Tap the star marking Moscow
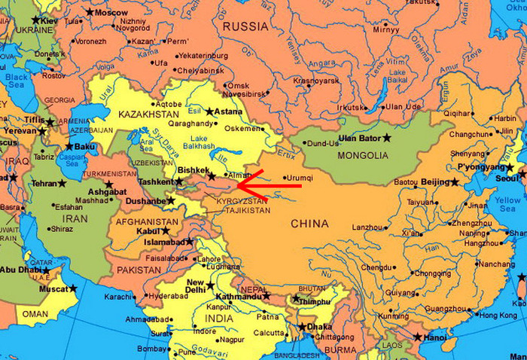pos(90,12)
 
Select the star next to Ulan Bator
pos(388,138)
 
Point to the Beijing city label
pos(434,182)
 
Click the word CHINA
pos(309,224)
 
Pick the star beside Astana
pos(210,111)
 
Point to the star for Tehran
pos(62,183)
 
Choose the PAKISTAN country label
pos(139,269)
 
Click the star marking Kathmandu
pos(267,297)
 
